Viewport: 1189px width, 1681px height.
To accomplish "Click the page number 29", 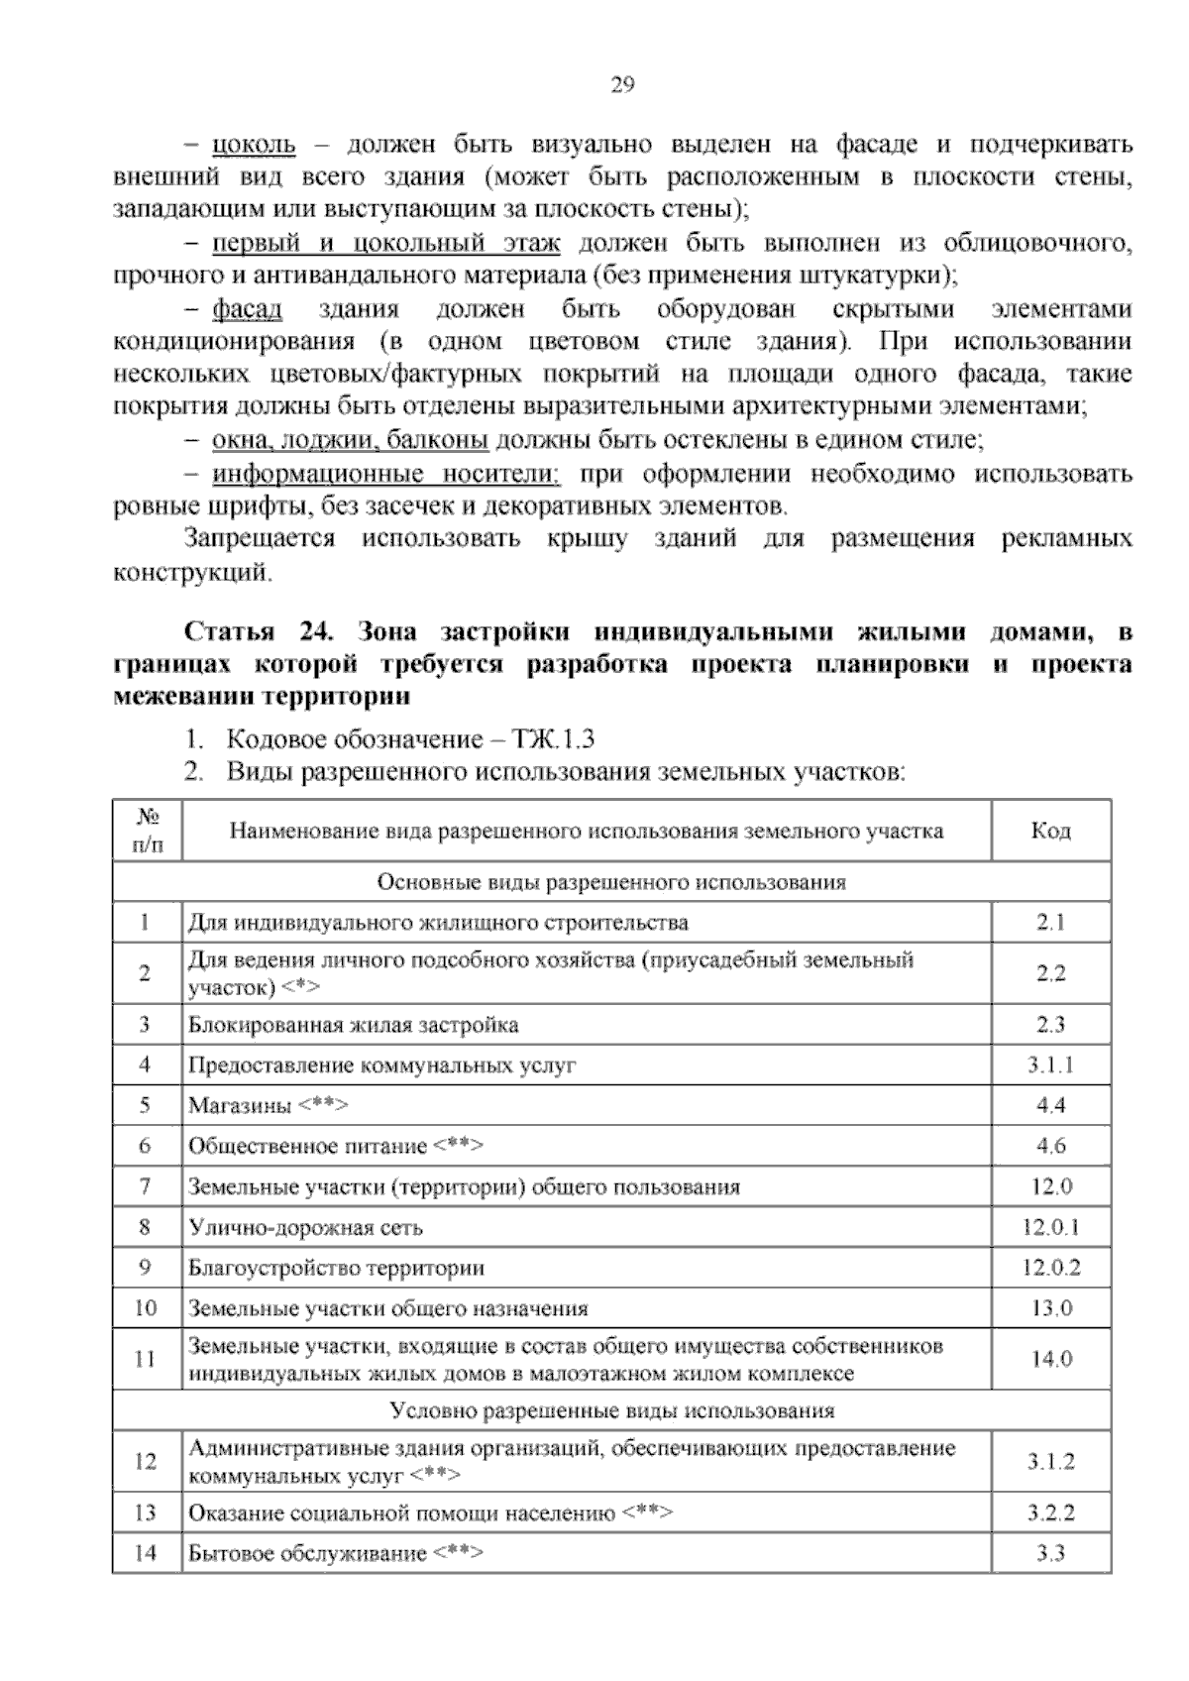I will click(x=621, y=85).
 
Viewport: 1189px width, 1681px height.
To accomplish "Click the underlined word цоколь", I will click(x=254, y=145).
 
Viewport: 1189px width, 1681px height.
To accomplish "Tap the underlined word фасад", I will click(x=247, y=309).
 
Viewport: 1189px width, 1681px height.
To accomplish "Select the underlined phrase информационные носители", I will click(x=385, y=474).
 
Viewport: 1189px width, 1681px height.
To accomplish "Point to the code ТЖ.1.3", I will click(x=554, y=739).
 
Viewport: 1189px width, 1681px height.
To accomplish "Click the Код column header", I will click(x=1050, y=831).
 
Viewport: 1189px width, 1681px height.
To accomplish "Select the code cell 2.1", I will click(x=1050, y=923).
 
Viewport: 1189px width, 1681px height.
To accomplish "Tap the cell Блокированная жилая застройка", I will click(x=354, y=1025).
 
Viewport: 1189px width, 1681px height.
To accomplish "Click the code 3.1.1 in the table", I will click(x=1050, y=1065).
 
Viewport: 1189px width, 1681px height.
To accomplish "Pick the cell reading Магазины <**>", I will click(x=269, y=1106).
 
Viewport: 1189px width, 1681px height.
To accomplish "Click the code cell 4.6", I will click(x=1050, y=1147).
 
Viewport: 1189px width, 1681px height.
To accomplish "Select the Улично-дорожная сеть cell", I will click(x=306, y=1228).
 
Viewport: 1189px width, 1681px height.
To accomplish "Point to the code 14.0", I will click(x=1050, y=1360).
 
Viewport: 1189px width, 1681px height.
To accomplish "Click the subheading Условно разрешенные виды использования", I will click(x=611, y=1410).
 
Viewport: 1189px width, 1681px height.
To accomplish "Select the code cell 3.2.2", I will click(x=1050, y=1513).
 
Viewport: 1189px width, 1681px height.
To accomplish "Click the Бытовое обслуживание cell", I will click(x=336, y=1554).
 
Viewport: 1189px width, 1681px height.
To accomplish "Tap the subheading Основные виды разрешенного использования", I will click(x=611, y=882).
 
